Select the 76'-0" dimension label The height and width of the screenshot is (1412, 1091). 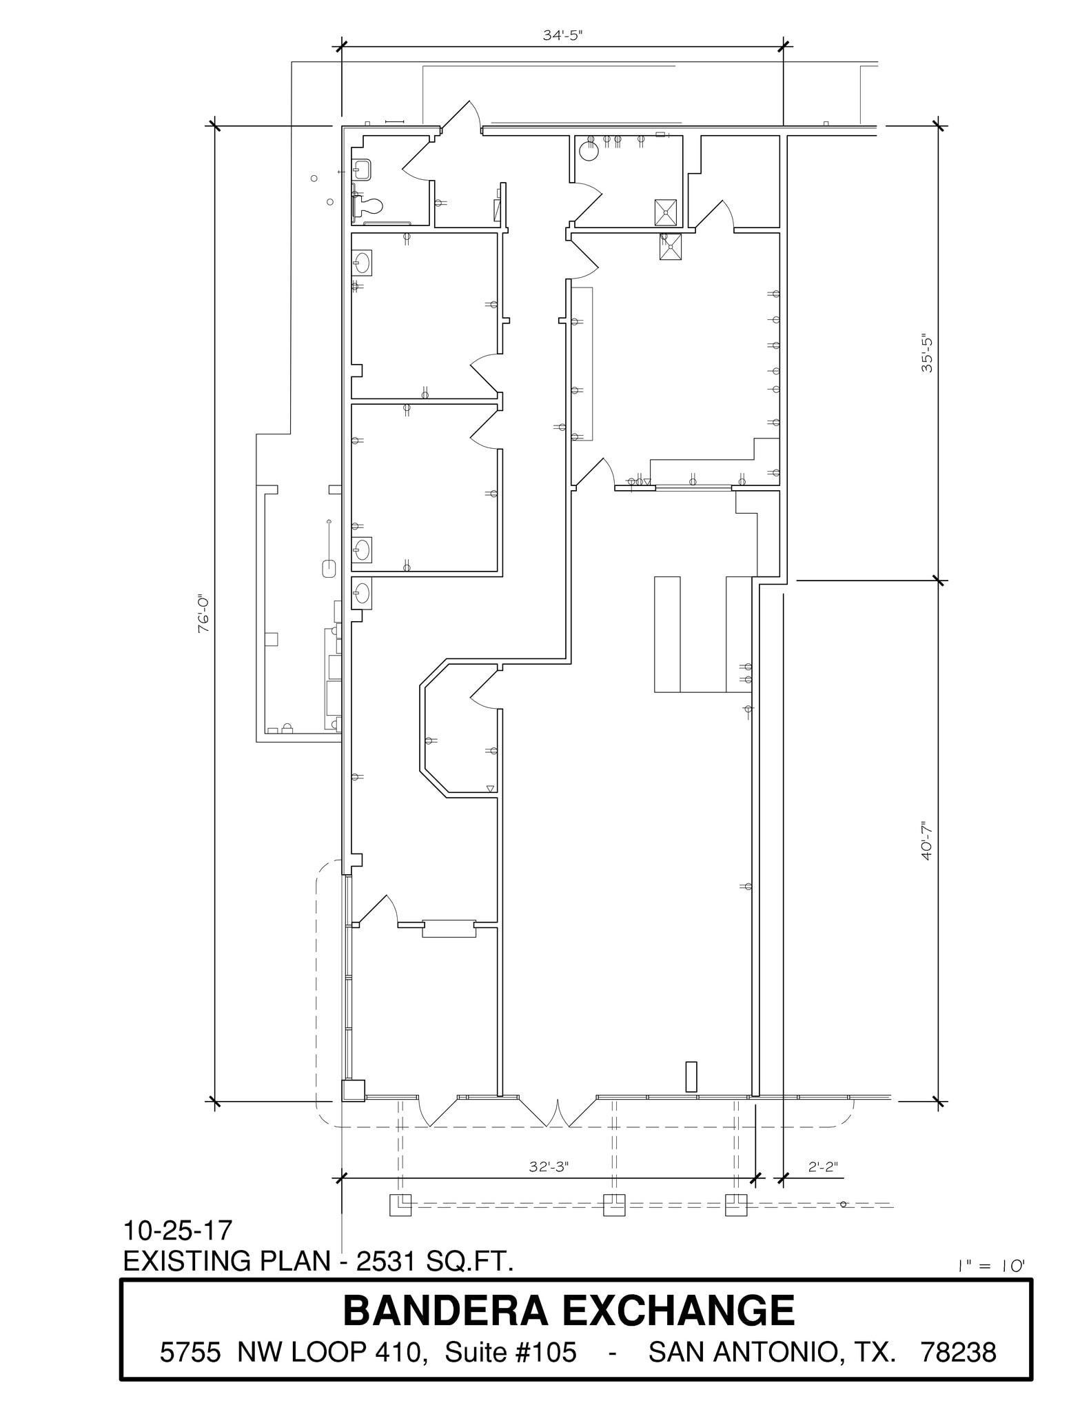click(x=204, y=614)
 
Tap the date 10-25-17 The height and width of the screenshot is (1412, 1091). click(x=178, y=1229)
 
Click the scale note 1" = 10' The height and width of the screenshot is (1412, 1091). click(x=991, y=1266)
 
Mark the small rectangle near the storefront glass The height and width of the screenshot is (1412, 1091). click(x=691, y=1076)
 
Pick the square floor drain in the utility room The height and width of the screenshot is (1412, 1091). click(x=665, y=212)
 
